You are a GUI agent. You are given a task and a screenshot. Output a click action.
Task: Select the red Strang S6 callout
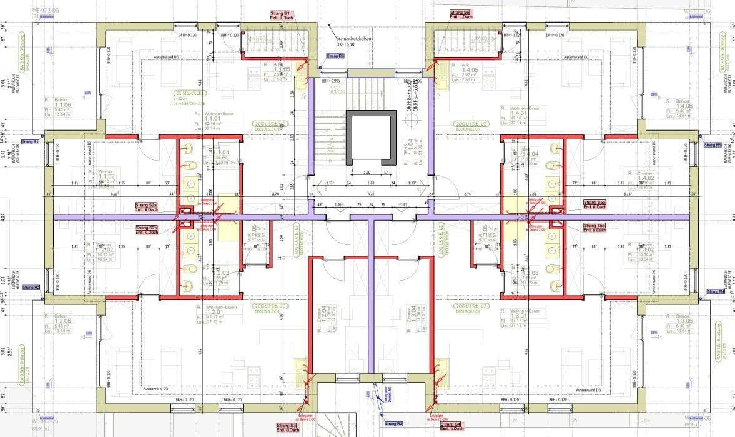[x=461, y=14]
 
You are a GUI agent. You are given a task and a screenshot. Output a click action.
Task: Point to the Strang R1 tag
[x=30, y=142]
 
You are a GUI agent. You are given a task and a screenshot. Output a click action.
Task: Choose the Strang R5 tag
[x=713, y=145]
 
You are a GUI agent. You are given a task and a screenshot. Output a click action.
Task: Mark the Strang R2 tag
[x=31, y=287]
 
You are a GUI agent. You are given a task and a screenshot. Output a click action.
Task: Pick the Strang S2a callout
[x=147, y=206]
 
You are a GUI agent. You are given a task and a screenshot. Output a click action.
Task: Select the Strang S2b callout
[x=147, y=229]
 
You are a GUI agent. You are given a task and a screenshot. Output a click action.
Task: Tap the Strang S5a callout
[x=594, y=204]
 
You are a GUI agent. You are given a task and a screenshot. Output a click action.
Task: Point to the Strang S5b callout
[x=594, y=227]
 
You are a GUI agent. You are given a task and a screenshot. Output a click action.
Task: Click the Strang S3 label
[x=287, y=426]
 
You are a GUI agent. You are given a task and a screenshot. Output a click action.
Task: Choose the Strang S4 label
[x=451, y=426]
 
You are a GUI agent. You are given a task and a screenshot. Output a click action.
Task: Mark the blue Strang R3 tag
[x=393, y=424]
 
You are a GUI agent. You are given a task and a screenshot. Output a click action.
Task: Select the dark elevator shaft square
[x=371, y=137]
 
